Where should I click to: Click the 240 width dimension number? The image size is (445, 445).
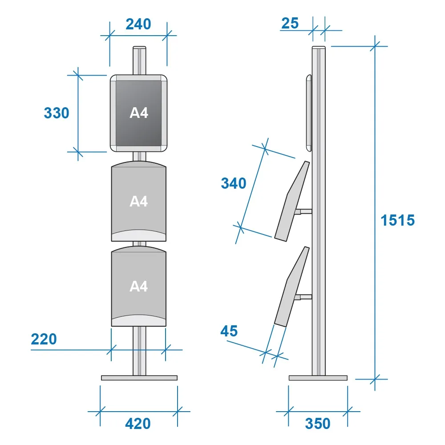point(138,24)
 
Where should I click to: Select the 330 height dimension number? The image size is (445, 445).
point(57,113)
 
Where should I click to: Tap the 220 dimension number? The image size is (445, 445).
point(44,339)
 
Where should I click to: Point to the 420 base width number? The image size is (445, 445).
point(138,424)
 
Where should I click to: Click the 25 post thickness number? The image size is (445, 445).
point(290,23)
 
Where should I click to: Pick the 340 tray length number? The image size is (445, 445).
point(234,183)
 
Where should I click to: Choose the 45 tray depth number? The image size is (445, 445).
point(229,331)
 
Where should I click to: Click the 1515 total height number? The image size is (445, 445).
point(397,220)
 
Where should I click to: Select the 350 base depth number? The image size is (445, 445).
point(318,424)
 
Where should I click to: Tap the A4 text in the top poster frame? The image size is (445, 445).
point(139,113)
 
